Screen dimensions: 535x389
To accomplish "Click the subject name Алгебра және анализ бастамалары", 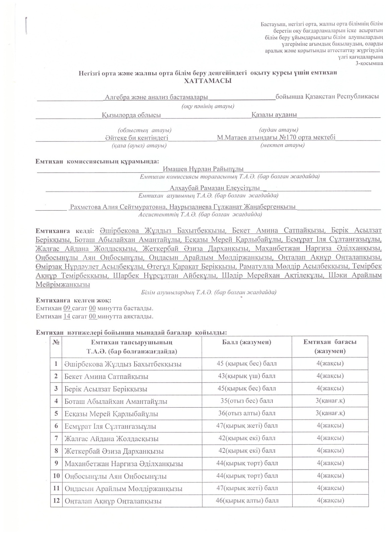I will pos(156,97).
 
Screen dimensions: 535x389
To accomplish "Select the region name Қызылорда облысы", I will pos(131,115).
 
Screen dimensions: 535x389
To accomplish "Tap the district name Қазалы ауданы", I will pos(274,115).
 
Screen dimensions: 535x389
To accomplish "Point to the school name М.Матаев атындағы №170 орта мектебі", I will pos(276,137).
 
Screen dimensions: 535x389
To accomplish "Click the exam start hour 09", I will pos(67,308).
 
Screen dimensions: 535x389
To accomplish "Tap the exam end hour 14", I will pos(67,316).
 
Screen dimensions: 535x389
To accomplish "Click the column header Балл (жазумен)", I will pos(247,342).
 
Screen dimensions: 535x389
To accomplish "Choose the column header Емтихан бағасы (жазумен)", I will pos(330,346).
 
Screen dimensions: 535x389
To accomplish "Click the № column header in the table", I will pos(56,342).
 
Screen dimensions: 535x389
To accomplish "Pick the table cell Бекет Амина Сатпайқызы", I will pos(106,377).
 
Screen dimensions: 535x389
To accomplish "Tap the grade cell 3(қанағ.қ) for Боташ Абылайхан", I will pos(330,401).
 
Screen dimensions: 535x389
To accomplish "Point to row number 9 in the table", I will pos(56,463).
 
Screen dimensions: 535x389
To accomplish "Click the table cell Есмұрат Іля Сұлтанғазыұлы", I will pos(110,426).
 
